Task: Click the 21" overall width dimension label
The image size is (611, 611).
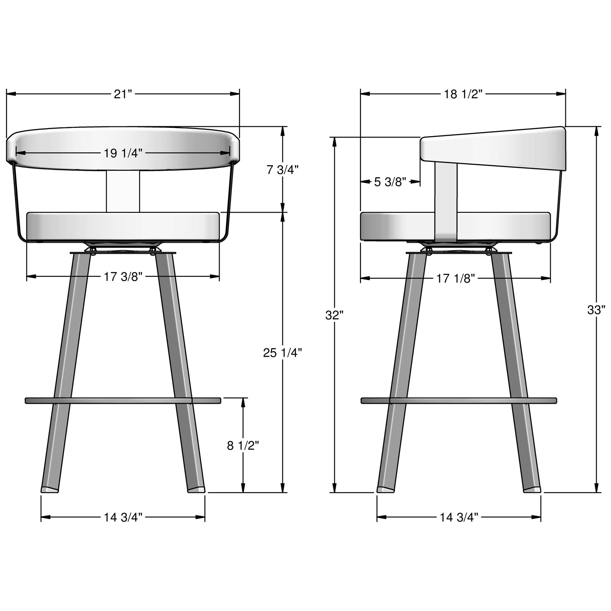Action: [x=123, y=94]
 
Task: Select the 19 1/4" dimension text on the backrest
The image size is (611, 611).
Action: [x=123, y=153]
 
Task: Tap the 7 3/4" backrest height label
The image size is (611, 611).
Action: [x=283, y=170]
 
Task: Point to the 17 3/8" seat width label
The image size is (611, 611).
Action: [x=123, y=277]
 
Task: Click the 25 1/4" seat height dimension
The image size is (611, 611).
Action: [x=282, y=353]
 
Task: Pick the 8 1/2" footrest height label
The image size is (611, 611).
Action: [x=243, y=446]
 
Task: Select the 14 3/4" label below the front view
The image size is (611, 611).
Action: [x=123, y=517]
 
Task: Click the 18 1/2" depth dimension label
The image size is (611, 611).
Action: [x=463, y=94]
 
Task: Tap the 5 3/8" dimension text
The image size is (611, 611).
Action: [x=390, y=182]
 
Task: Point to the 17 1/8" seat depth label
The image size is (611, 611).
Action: [x=456, y=279]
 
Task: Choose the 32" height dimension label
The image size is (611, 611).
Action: [x=335, y=315]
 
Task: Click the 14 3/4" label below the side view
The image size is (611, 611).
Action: [x=459, y=517]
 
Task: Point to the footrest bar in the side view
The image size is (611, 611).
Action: [x=459, y=400]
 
